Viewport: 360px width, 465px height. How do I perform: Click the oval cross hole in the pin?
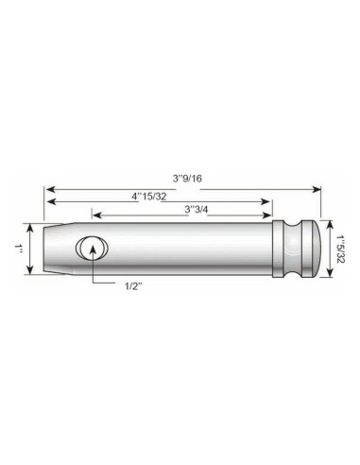[92, 248]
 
